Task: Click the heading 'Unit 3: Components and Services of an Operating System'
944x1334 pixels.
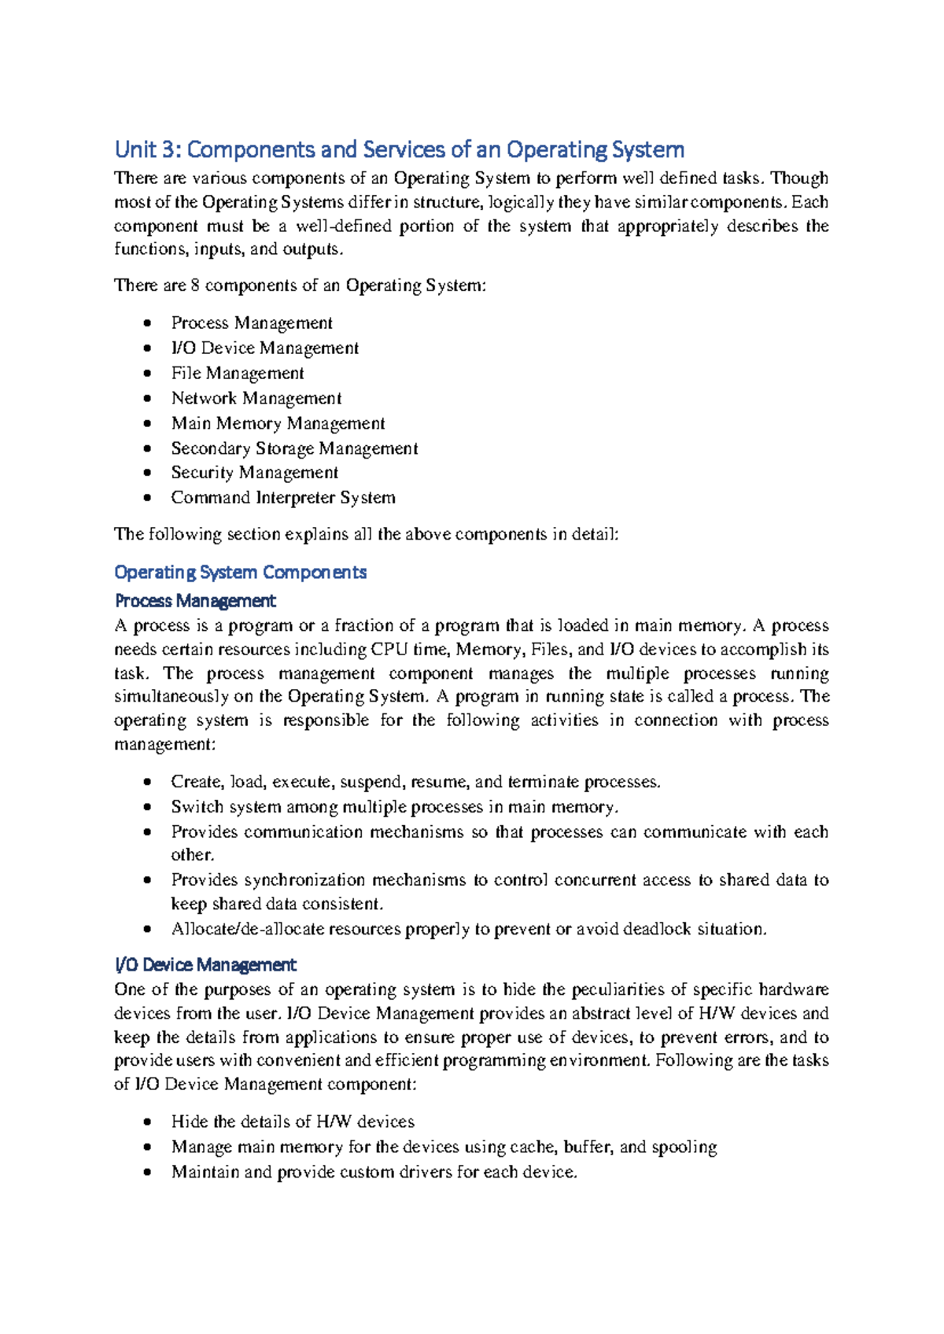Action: click(399, 149)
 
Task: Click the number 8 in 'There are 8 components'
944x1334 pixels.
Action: click(195, 286)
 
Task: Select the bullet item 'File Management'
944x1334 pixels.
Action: click(238, 373)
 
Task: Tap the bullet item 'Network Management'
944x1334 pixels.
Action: click(256, 398)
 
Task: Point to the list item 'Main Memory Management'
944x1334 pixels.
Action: click(278, 423)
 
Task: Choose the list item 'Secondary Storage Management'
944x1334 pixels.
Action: click(294, 448)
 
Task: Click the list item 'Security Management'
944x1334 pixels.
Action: click(254, 473)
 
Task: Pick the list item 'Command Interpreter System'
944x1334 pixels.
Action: click(283, 498)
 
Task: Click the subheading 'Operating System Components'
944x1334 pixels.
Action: click(240, 572)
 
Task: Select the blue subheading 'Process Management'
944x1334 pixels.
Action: click(195, 601)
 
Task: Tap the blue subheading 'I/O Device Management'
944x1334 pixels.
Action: click(205, 964)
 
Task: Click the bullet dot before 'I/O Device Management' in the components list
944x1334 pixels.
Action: click(147, 348)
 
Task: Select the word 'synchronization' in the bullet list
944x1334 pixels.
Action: click(304, 880)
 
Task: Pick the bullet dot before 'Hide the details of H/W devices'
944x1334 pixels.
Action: click(147, 1122)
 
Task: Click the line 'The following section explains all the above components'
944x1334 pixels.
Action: click(367, 534)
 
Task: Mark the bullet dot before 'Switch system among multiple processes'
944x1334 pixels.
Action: click(147, 807)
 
